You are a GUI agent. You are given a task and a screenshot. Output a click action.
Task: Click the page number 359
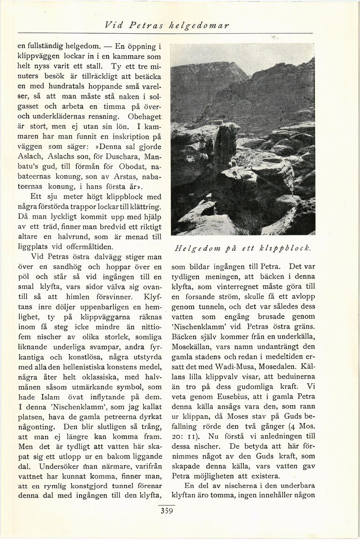166,511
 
